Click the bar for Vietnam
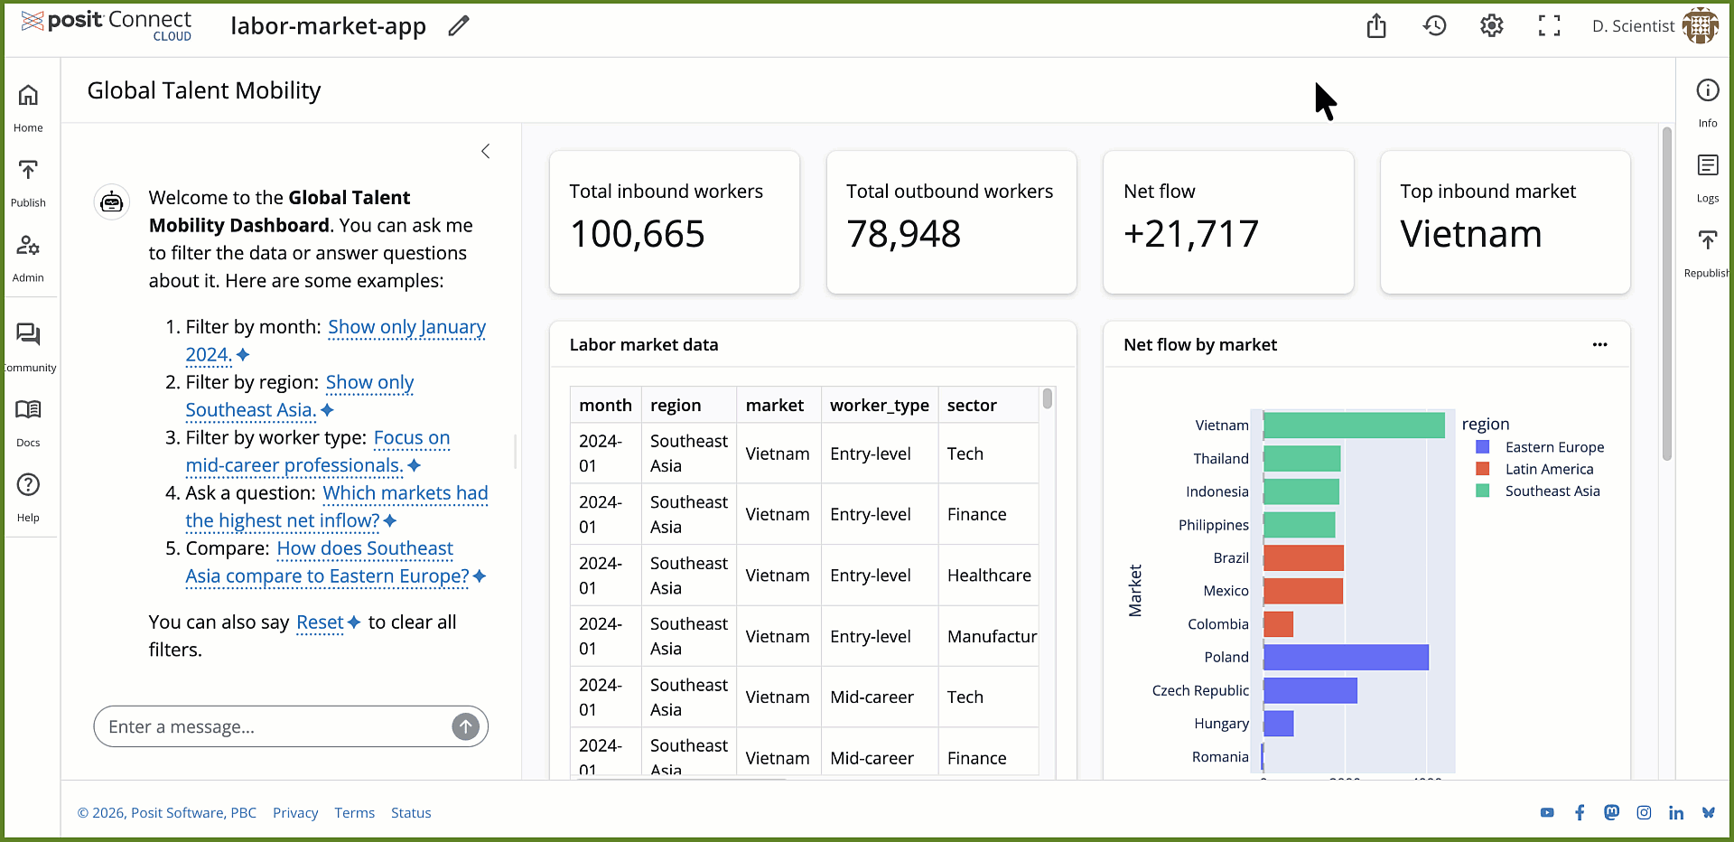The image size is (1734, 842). tap(1353, 426)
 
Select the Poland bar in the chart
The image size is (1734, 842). tap(1345, 658)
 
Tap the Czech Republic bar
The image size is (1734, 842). tap(1310, 691)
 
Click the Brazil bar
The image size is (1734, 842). tap(1302, 558)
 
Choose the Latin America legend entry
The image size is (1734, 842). tap(1548, 470)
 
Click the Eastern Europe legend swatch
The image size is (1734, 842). tap(1482, 447)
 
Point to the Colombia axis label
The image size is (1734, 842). tap(1217, 624)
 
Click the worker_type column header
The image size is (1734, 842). tap(879, 406)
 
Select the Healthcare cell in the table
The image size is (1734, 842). tap(988, 575)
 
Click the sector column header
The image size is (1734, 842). tap(972, 406)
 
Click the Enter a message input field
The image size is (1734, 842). tap(275, 727)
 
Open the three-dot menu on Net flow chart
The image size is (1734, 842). tap(1599, 345)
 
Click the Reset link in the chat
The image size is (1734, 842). tap(320, 622)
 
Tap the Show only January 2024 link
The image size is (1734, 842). tap(406, 327)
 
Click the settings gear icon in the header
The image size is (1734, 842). tap(1491, 26)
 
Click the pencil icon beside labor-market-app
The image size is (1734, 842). tap(459, 26)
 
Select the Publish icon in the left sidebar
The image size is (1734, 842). tap(28, 181)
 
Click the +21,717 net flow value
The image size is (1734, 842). tap(1190, 235)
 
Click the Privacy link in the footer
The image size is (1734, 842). tap(295, 813)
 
